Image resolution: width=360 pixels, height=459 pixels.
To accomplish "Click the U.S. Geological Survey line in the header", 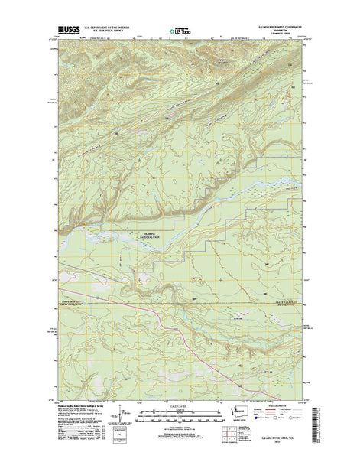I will click(99, 34).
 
